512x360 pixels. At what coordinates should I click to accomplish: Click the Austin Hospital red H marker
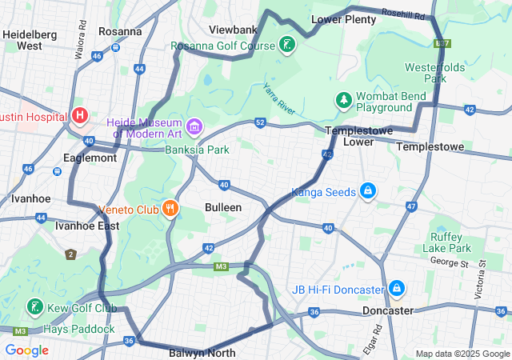click(x=80, y=116)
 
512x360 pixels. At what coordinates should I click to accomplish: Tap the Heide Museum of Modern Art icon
click(x=194, y=126)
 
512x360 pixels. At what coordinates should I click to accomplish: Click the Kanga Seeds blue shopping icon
click(x=367, y=190)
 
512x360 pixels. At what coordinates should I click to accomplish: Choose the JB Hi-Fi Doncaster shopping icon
click(x=397, y=288)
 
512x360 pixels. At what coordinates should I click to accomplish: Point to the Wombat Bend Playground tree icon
click(x=343, y=100)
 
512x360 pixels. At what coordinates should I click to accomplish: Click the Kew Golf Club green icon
click(x=34, y=307)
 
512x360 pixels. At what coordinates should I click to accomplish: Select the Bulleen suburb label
click(x=224, y=207)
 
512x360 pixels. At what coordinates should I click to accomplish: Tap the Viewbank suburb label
click(x=233, y=30)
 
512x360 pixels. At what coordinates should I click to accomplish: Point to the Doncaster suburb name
click(x=387, y=310)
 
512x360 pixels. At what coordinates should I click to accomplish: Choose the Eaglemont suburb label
click(x=91, y=158)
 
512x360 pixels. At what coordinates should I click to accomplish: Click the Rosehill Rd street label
click(x=403, y=14)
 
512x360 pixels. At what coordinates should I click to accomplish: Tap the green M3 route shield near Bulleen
click(x=222, y=266)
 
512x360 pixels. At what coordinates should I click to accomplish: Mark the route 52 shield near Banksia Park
click(x=261, y=122)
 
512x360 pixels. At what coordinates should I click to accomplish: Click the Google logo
click(x=26, y=350)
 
